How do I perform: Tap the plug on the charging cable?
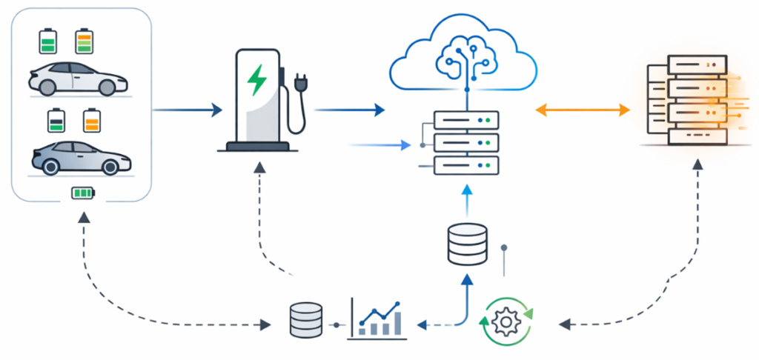tap(300, 84)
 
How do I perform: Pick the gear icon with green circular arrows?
tap(507, 321)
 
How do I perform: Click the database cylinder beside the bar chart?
tap(306, 319)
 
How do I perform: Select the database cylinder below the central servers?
tap(467, 245)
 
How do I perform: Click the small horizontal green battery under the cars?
tap(82, 194)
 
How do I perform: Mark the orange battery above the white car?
tap(84, 41)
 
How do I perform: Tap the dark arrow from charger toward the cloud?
tap(349, 110)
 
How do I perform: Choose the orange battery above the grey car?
tap(91, 120)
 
